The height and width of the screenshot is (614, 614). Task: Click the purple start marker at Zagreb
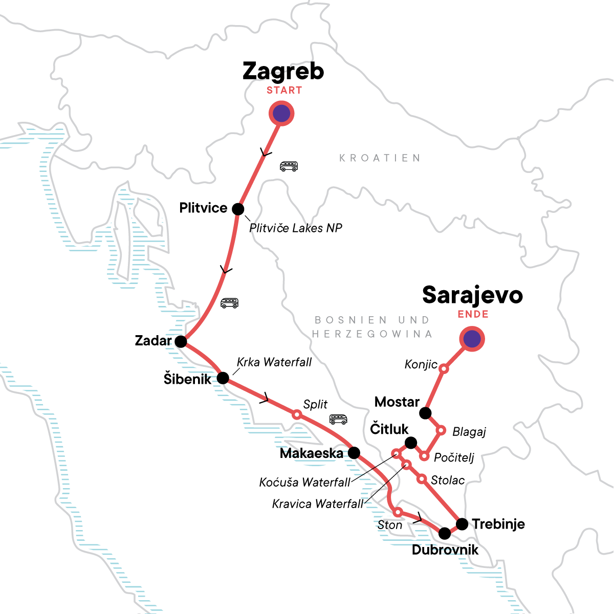tap(281, 114)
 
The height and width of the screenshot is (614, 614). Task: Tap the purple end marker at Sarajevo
tap(472, 339)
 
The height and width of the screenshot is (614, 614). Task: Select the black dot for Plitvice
tap(238, 209)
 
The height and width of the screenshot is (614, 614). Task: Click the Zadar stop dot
tap(181, 341)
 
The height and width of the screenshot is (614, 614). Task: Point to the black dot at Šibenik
tap(223, 378)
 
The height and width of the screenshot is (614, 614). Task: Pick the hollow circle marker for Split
tap(296, 414)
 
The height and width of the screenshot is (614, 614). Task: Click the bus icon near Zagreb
tap(289, 166)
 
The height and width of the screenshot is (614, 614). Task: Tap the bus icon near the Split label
tap(338, 420)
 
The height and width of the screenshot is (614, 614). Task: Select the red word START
tap(284, 91)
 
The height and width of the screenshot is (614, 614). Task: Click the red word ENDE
tap(473, 314)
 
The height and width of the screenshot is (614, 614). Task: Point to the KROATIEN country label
tap(380, 158)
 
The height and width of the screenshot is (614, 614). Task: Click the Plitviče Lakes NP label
tap(296, 228)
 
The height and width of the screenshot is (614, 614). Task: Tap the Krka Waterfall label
tap(274, 362)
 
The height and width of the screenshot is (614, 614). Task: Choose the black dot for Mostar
tap(425, 412)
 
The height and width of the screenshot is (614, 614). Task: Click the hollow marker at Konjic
tap(444, 368)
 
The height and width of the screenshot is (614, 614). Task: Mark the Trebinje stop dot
tap(462, 524)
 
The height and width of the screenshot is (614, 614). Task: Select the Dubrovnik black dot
tap(445, 533)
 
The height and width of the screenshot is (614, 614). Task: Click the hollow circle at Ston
tap(398, 512)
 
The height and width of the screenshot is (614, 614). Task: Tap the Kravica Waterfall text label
tap(317, 504)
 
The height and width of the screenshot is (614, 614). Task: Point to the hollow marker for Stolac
tap(421, 479)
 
